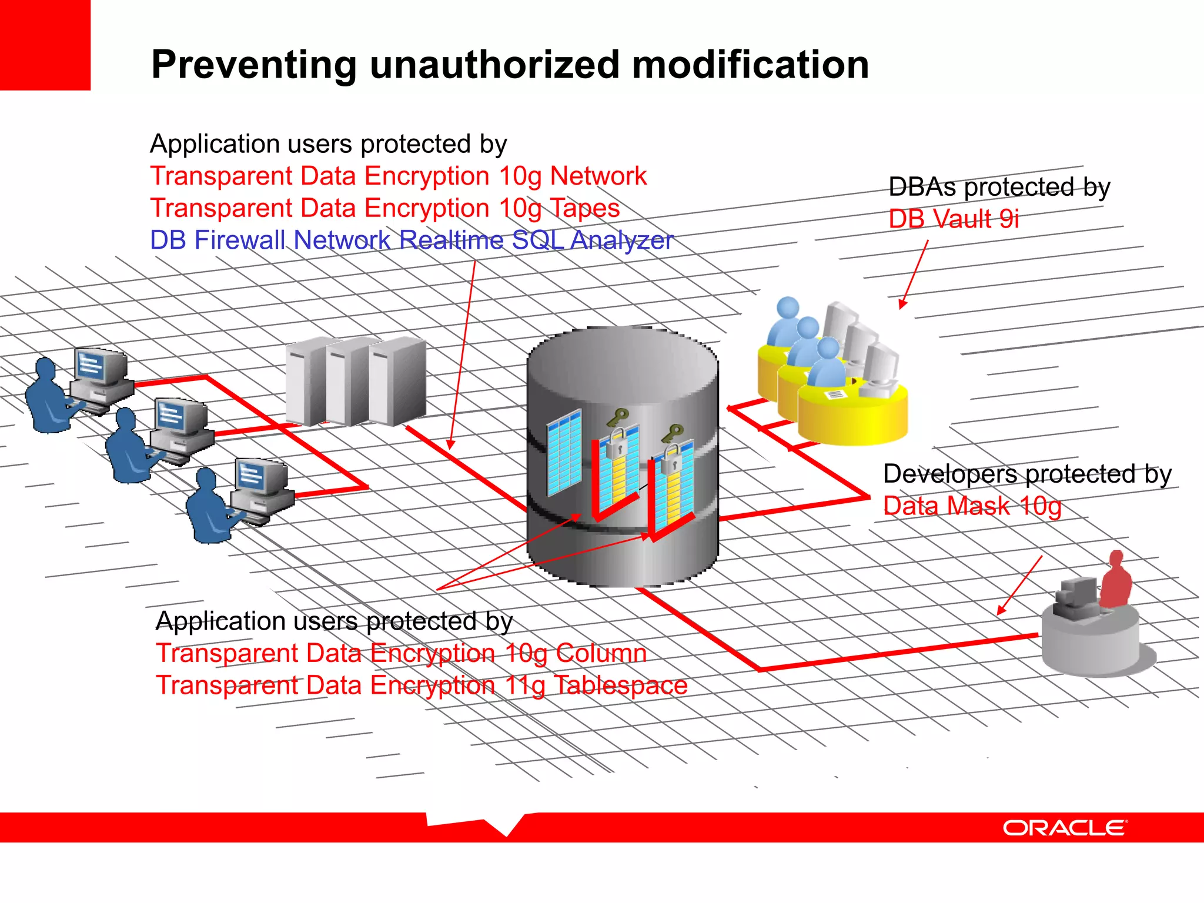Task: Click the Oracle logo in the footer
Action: pos(1065,828)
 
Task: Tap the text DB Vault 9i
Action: pos(954,219)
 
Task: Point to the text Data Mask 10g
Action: pos(972,506)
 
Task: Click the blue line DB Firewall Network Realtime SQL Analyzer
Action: pos(412,240)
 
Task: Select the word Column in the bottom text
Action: pos(601,653)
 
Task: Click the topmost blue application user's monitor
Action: pos(98,367)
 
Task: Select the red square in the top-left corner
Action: pos(45,45)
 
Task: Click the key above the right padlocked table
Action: pos(672,434)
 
